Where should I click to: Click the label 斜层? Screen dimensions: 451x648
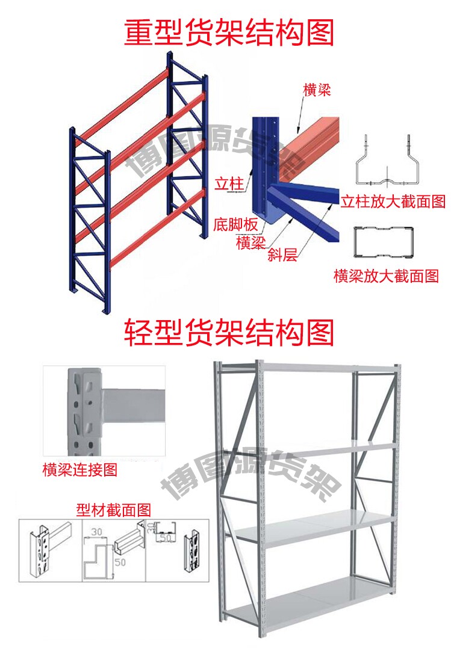pyautogui.click(x=282, y=256)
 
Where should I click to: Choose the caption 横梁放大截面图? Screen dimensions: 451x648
pyautogui.click(x=386, y=276)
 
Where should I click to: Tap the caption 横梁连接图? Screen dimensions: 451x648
pyautogui.click(x=79, y=469)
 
